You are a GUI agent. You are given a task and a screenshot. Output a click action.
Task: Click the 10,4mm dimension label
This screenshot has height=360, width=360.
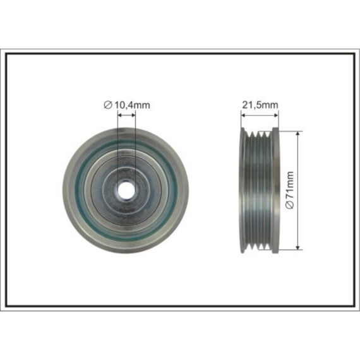point(132,105)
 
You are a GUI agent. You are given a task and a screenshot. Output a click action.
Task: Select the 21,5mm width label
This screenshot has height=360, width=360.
point(260,105)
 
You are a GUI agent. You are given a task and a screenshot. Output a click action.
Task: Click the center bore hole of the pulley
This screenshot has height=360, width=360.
point(126,190)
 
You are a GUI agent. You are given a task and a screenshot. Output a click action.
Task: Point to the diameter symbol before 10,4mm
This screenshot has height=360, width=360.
point(107,105)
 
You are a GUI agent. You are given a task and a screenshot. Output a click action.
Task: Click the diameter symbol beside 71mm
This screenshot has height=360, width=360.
point(290,205)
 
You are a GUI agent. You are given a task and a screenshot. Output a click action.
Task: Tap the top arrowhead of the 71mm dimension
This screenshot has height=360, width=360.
point(297,134)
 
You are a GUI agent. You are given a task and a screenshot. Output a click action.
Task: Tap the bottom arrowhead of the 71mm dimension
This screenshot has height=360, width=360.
point(297,247)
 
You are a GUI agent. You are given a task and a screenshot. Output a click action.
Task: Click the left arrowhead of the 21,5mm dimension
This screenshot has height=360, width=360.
point(244,115)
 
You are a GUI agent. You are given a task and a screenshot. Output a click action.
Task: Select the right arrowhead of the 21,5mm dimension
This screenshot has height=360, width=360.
point(275,115)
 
